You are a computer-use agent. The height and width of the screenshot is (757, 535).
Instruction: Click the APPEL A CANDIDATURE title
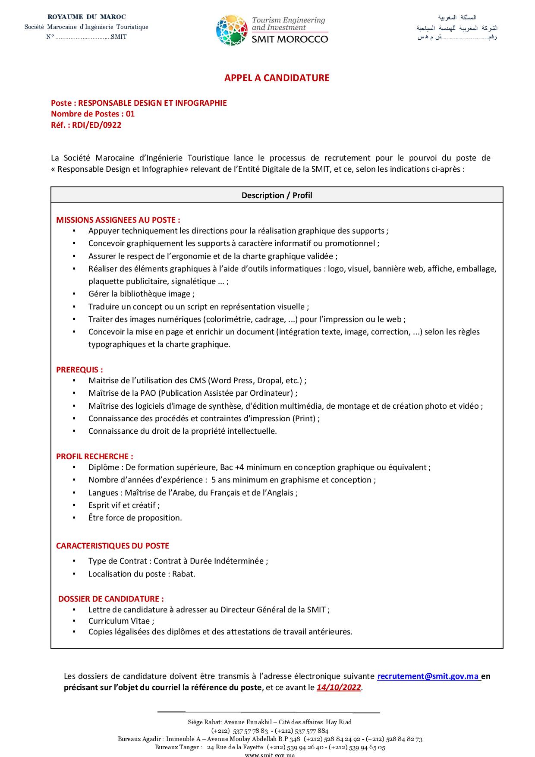pos(277,78)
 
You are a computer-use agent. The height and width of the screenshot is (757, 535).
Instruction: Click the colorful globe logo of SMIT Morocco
pos(232,30)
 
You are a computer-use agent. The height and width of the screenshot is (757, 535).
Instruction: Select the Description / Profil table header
pos(277,195)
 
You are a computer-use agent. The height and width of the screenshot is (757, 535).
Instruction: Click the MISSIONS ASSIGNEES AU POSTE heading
pos(118,220)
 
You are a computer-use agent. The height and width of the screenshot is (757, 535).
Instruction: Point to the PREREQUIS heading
pos(79,369)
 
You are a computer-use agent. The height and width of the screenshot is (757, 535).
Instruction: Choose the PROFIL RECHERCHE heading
pos(94,456)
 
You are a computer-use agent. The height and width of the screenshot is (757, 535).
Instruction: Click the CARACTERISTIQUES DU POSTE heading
pos(113,546)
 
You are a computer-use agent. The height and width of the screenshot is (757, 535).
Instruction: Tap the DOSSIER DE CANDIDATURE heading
pos(111,599)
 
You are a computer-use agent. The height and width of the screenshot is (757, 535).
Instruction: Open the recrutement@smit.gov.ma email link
pos(428,676)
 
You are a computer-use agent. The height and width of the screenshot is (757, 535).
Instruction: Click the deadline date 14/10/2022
pos(339,688)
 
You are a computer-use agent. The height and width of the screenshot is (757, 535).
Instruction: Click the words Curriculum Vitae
pos(119,621)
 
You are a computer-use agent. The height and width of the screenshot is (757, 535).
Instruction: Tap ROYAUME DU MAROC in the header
pos(87,17)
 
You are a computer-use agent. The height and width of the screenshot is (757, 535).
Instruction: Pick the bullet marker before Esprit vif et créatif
pos(74,505)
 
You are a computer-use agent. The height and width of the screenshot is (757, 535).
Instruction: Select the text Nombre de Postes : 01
pos(93,114)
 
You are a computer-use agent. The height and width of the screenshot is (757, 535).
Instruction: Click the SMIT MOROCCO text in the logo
pos(290,39)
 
